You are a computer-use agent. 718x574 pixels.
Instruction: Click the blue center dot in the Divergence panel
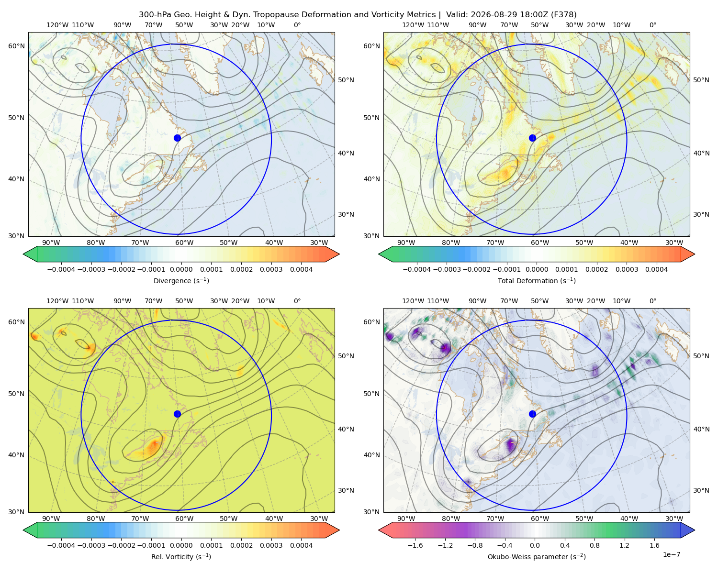click(x=177, y=138)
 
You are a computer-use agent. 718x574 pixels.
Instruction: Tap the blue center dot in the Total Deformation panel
click(x=532, y=138)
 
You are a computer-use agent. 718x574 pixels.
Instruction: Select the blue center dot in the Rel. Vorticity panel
click(x=177, y=414)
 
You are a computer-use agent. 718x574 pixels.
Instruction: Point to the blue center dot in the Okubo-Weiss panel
click(x=532, y=414)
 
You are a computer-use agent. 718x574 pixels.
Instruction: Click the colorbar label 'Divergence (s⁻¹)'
click(x=181, y=281)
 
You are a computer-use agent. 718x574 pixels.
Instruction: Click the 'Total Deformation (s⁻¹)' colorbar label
click(x=537, y=281)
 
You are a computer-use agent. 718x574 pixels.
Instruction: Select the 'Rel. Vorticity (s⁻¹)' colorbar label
click(x=181, y=557)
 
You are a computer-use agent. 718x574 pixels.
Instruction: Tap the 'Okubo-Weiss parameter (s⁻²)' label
click(x=537, y=557)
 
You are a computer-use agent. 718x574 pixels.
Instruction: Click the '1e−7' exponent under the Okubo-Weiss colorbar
click(x=671, y=554)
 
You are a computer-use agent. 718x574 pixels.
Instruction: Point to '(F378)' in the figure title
click(x=564, y=15)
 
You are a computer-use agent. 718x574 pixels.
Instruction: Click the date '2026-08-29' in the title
click(x=491, y=15)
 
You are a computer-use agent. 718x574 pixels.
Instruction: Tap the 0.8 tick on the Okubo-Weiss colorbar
click(x=595, y=545)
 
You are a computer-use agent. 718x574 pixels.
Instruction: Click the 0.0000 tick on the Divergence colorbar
click(x=181, y=269)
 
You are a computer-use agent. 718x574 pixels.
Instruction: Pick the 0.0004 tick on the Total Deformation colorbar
click(x=656, y=269)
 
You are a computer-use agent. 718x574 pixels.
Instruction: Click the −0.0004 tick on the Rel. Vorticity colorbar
click(x=61, y=545)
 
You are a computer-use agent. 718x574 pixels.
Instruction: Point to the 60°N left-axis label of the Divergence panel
click(x=16, y=46)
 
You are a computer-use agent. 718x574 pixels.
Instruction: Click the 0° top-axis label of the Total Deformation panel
click(x=652, y=25)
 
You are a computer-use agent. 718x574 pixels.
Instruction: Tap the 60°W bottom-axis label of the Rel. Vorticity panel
click(x=184, y=519)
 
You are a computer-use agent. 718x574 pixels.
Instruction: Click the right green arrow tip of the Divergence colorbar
click(x=339, y=254)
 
